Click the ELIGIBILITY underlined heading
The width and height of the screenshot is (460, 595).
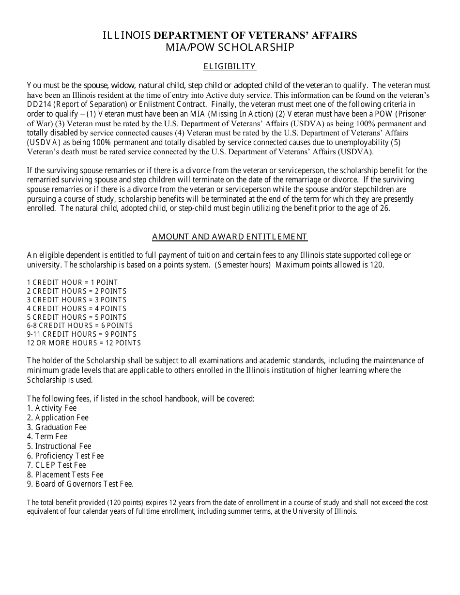point(230,66)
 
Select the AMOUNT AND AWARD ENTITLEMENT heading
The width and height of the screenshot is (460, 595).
point(230,237)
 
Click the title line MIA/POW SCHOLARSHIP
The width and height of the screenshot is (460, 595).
point(230,47)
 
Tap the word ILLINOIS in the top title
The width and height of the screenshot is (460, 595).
point(127,35)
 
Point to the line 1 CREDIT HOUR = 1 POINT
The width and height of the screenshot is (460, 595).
point(72,283)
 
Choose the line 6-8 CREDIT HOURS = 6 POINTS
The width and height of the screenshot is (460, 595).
point(80,326)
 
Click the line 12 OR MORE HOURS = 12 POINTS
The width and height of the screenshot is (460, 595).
point(84,343)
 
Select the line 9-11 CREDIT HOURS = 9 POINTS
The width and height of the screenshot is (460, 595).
point(82,334)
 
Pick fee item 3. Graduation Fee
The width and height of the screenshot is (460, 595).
point(57,427)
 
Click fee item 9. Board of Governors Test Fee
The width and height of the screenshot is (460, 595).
point(80,484)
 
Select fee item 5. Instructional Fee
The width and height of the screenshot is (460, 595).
point(59,446)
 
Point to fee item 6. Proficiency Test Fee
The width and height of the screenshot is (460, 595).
point(65,456)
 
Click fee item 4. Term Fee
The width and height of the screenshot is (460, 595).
point(47,437)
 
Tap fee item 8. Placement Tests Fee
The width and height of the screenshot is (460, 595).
point(65,475)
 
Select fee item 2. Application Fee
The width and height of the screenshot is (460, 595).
point(58,418)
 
